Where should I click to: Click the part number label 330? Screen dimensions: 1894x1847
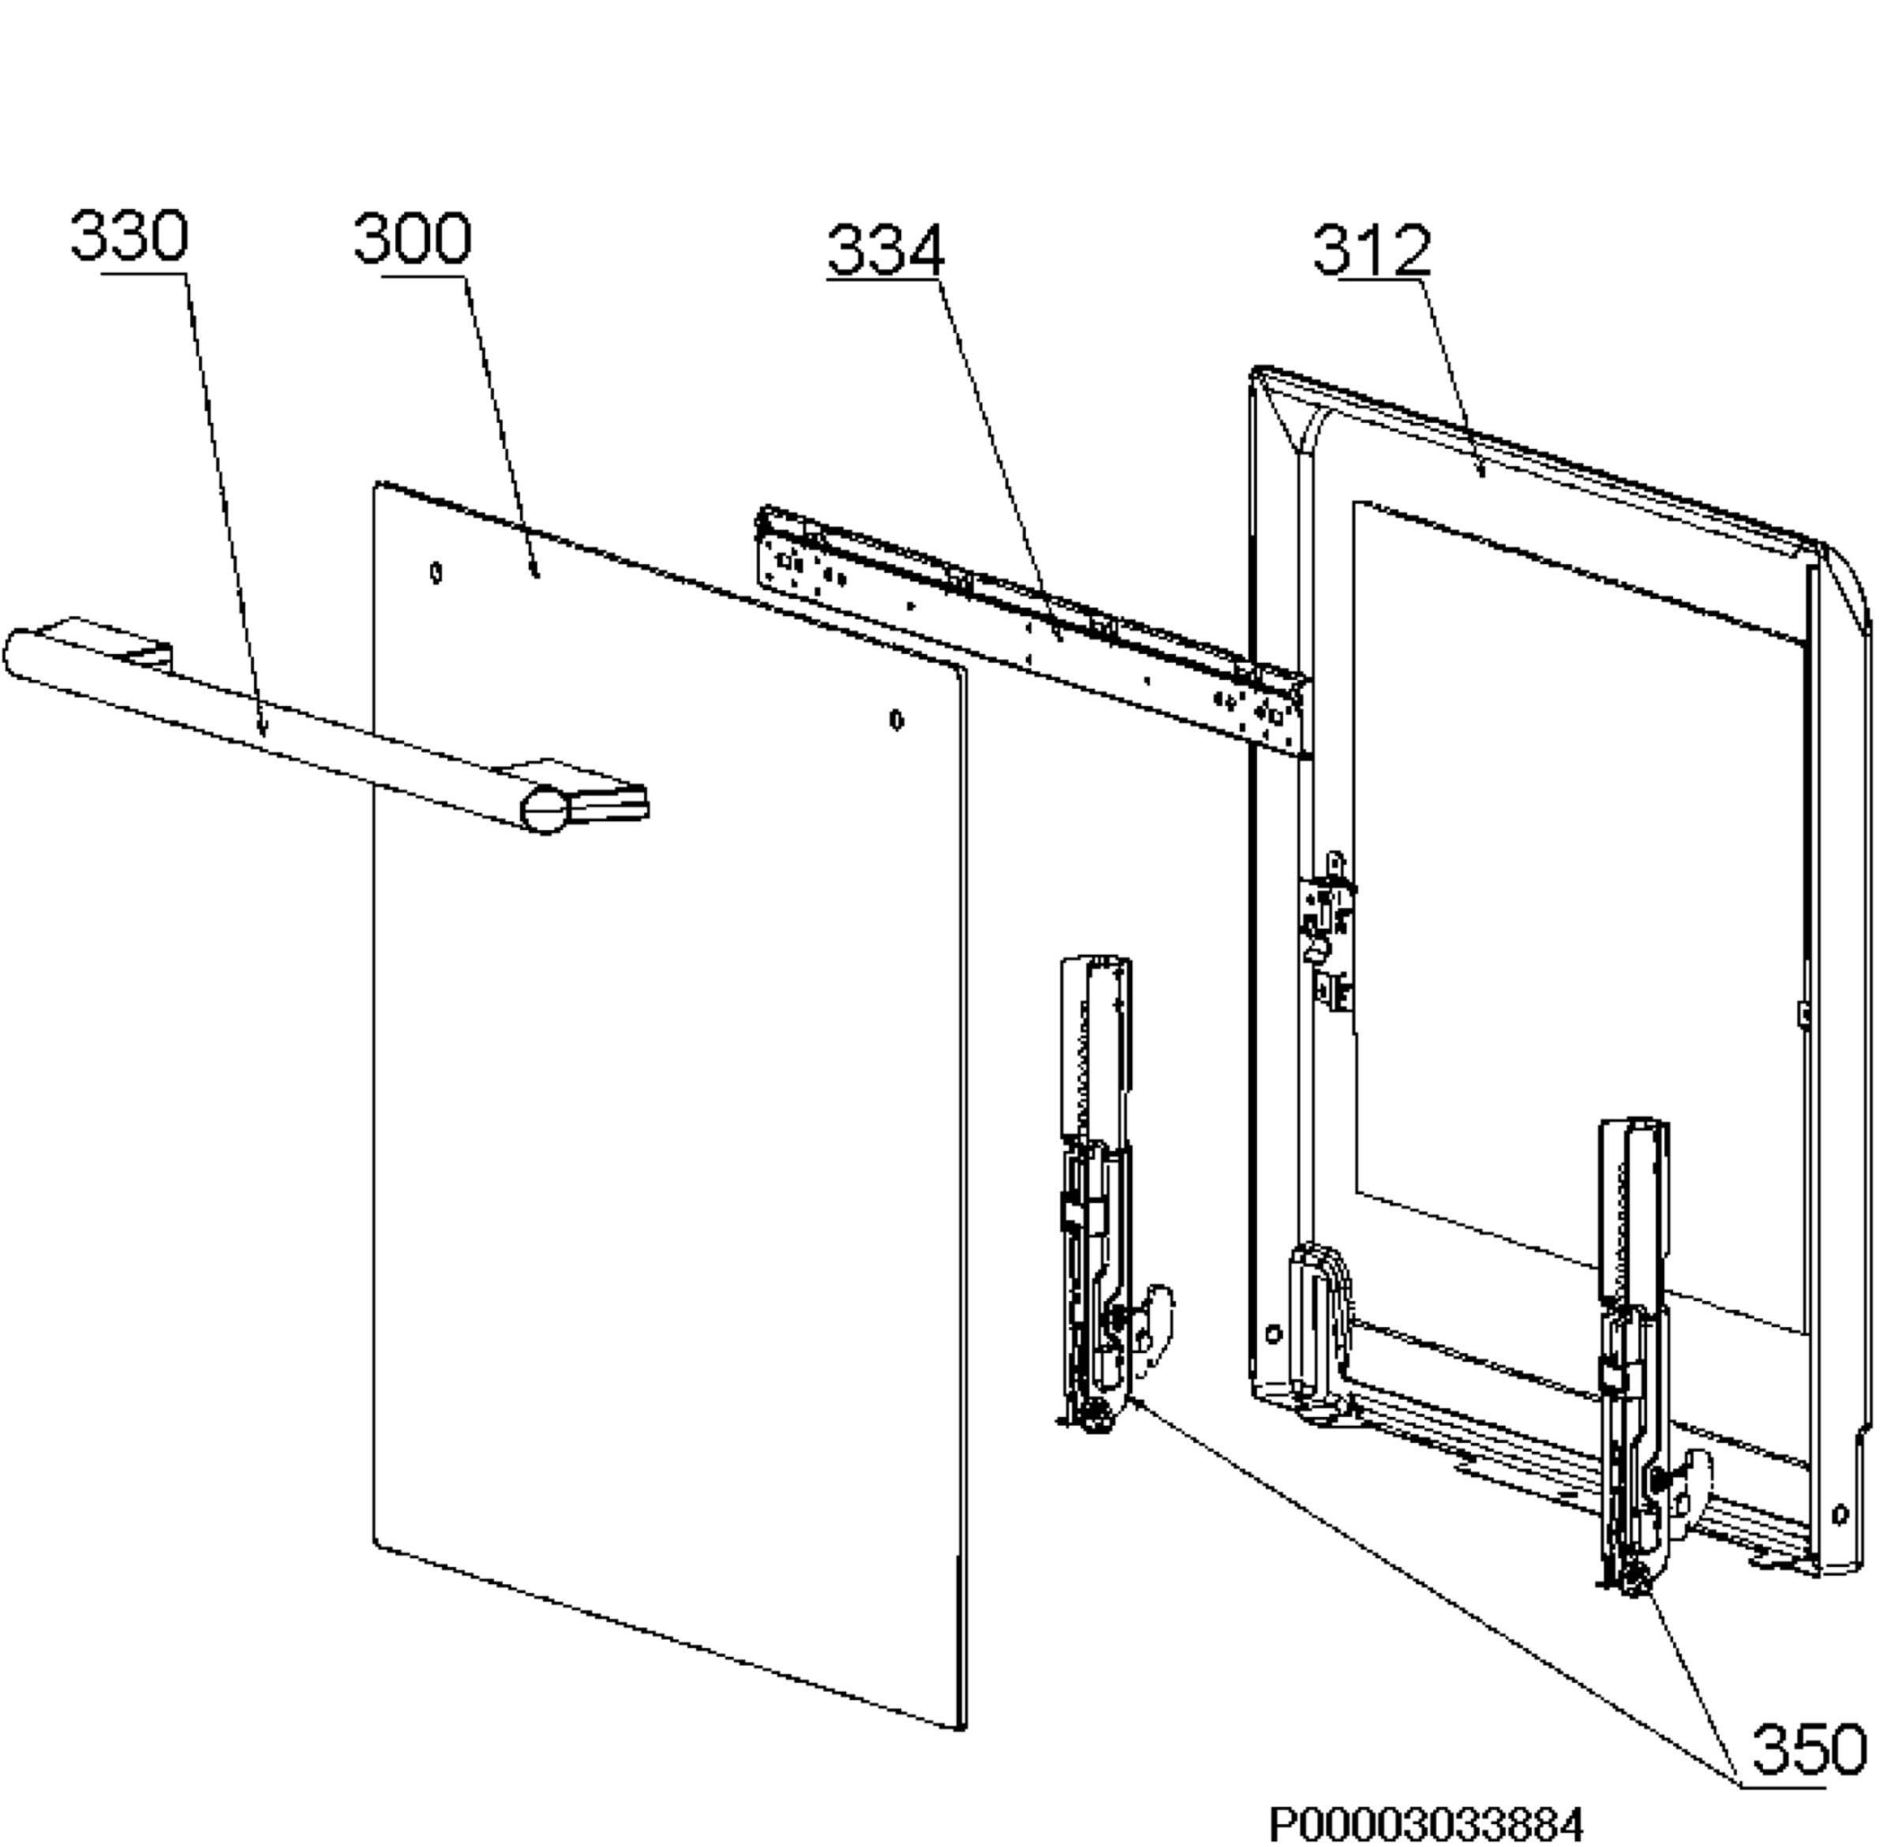tap(129, 236)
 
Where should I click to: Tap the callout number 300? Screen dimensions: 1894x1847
tap(413, 238)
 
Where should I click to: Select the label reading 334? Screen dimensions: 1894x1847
tap(885, 250)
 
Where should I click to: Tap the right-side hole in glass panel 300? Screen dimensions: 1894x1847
tap(896, 720)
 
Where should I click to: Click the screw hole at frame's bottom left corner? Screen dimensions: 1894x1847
tap(1273, 1334)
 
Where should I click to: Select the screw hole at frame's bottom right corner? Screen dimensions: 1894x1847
tap(1839, 1514)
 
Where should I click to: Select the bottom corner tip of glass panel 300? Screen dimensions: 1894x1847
tap(960, 1728)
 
